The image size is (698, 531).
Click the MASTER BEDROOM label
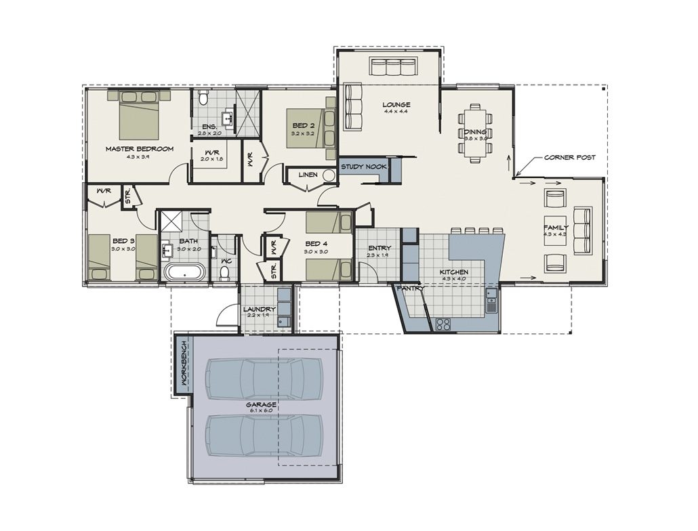click(x=139, y=148)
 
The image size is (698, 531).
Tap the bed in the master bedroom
click(x=139, y=116)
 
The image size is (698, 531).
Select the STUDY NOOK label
click(x=363, y=166)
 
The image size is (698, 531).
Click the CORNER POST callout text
click(x=570, y=157)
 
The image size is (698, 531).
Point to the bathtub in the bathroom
click(x=184, y=273)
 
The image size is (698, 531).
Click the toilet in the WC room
click(x=224, y=272)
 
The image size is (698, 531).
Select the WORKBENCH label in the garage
click(x=182, y=363)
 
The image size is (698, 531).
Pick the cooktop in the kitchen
click(x=443, y=324)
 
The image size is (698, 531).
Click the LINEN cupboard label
click(x=308, y=175)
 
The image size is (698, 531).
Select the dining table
click(x=476, y=133)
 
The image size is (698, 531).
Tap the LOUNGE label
click(x=396, y=104)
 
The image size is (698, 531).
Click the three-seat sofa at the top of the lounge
click(x=392, y=66)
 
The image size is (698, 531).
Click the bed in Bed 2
click(x=311, y=126)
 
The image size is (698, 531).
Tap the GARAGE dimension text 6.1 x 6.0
click(x=260, y=411)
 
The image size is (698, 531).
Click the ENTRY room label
click(x=378, y=248)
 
